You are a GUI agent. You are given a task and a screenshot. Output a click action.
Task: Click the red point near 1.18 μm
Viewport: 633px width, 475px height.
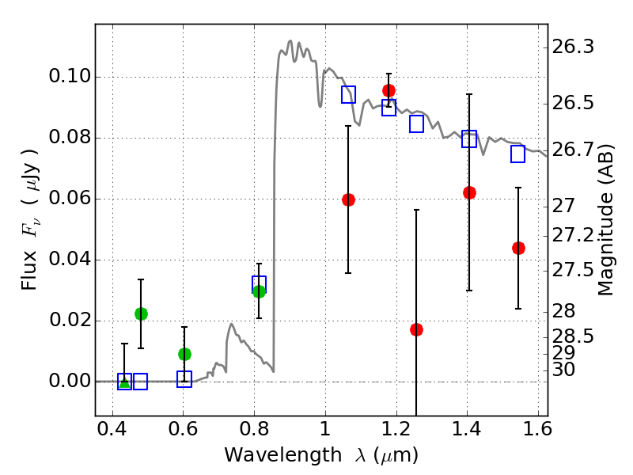(389, 90)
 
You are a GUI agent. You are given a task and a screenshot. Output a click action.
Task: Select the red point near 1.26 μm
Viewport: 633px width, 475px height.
(416, 329)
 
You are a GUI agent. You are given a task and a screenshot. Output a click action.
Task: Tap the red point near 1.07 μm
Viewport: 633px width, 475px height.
(348, 199)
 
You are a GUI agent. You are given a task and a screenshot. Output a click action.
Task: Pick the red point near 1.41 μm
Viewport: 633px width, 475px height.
(469, 192)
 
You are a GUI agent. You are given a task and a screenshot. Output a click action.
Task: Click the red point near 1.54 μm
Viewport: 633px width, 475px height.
(518, 248)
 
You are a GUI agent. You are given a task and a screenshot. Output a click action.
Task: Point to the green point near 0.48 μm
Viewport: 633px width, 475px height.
(141, 313)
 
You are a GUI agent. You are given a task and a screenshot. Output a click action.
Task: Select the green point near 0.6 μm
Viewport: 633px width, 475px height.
(184, 354)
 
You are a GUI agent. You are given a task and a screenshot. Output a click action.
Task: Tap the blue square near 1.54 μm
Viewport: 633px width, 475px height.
(518, 154)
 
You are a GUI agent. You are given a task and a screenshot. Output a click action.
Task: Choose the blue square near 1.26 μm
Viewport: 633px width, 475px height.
(416, 123)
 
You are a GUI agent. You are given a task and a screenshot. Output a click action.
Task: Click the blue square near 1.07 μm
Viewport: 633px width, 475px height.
(348, 95)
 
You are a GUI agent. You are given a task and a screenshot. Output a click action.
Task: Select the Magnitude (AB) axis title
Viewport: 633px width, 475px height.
(606, 222)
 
